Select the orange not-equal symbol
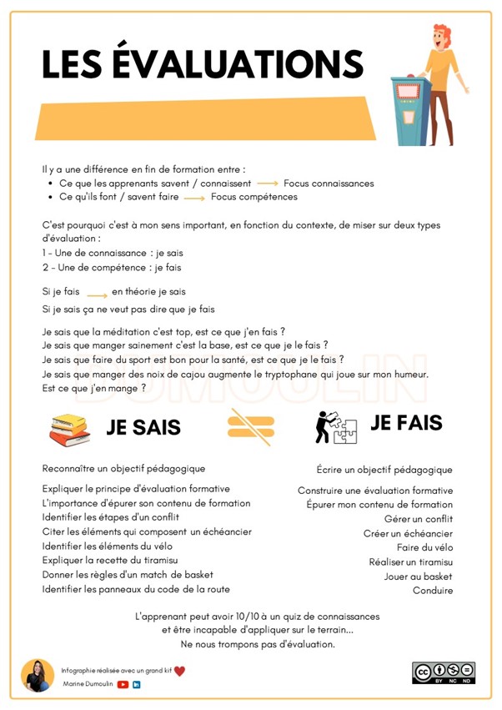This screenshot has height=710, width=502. [x=250, y=427]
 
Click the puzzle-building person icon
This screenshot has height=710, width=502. [x=334, y=427]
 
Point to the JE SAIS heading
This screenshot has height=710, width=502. [x=143, y=429]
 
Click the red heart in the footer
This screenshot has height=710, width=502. [x=179, y=670]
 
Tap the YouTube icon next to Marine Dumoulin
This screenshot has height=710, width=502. [x=123, y=684]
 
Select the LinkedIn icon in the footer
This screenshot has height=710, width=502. [x=137, y=684]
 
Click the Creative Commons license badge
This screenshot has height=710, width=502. [x=443, y=672]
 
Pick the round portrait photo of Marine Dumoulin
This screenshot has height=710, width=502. [x=38, y=675]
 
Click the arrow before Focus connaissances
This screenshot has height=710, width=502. [x=267, y=184]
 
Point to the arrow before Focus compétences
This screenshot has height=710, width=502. [x=194, y=198]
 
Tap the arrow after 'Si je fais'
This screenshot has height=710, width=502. [x=97, y=294]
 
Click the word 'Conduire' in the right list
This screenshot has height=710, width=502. [x=433, y=591]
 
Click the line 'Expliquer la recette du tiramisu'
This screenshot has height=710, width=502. [x=109, y=560]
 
